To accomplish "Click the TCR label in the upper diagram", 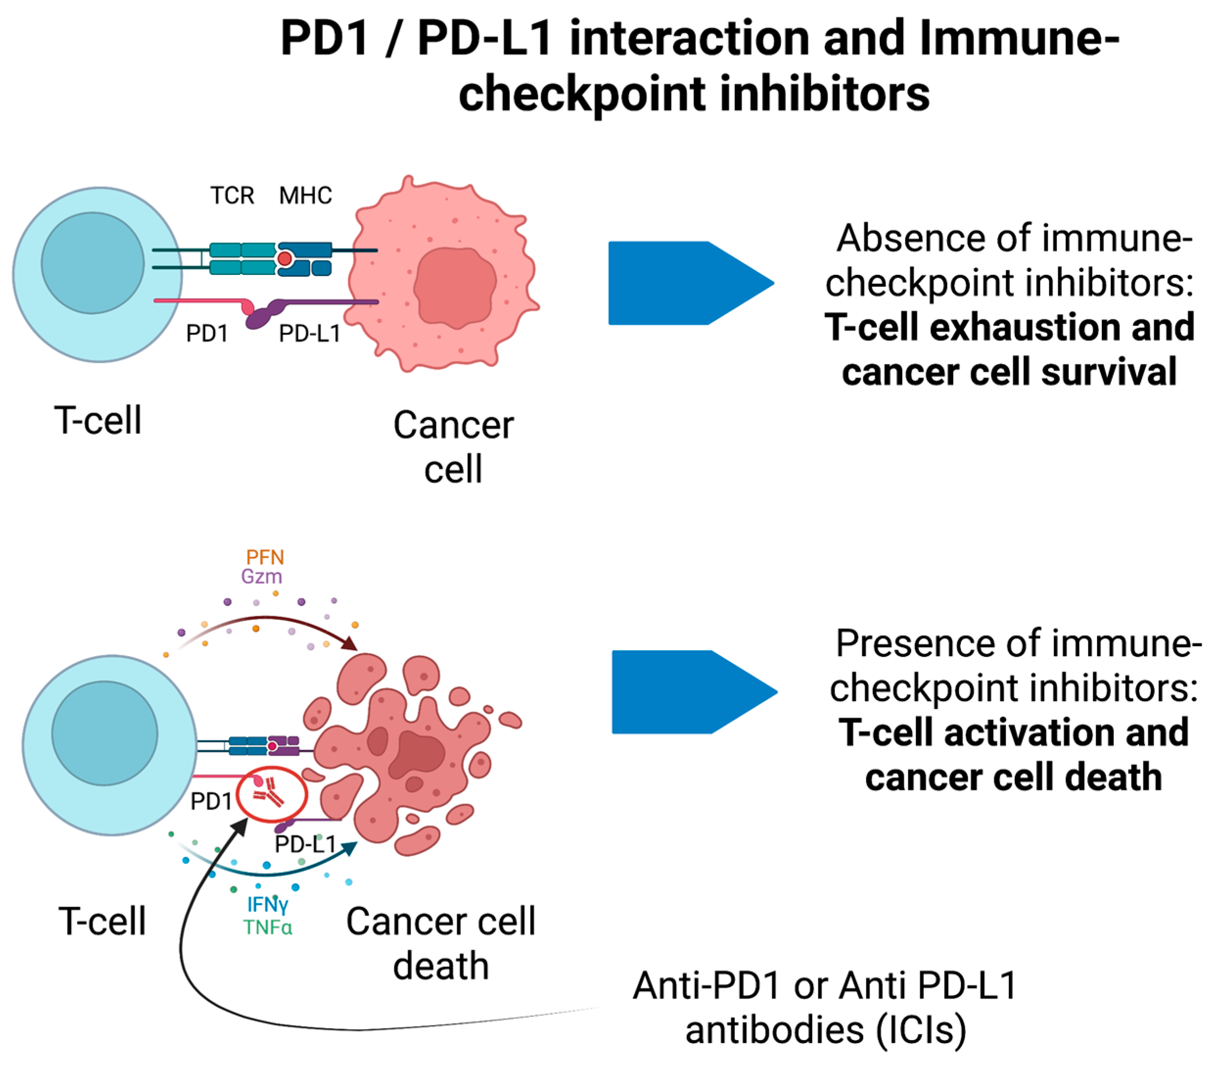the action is pyautogui.click(x=232, y=195).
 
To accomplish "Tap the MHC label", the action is pyautogui.click(x=305, y=195).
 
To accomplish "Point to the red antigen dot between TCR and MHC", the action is pyautogui.click(x=285, y=258).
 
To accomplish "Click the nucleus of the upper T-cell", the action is pyautogui.click(x=92, y=263).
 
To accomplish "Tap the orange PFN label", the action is pyautogui.click(x=265, y=557).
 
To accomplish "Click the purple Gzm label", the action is pyautogui.click(x=261, y=576).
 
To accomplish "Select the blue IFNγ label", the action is pyautogui.click(x=268, y=905).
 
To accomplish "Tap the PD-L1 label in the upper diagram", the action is pyautogui.click(x=310, y=334).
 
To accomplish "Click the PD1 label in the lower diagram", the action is pyautogui.click(x=211, y=801).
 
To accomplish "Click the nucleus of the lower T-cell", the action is pyautogui.click(x=104, y=733).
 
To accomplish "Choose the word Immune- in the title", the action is pyautogui.click(x=1019, y=38).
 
